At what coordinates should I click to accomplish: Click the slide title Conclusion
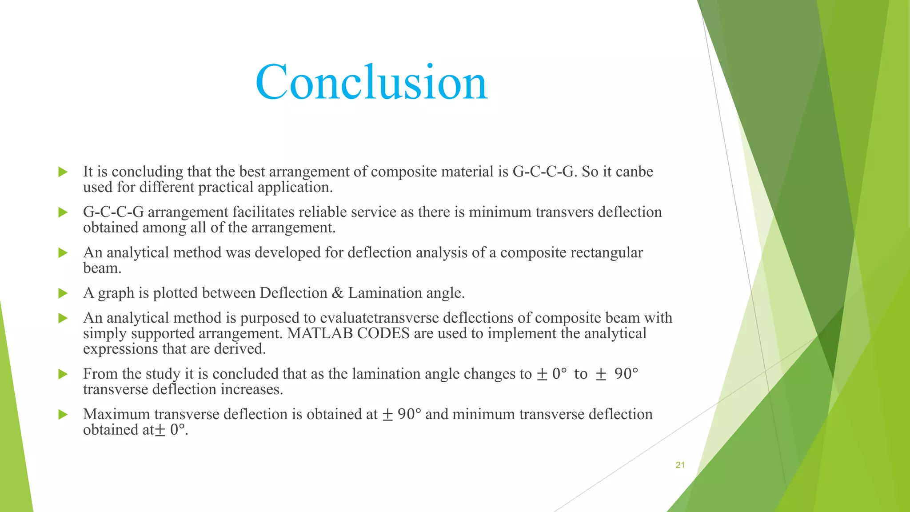371,82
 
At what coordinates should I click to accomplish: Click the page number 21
680,465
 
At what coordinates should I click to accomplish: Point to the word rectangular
607,252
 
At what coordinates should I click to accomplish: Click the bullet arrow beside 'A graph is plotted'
63,293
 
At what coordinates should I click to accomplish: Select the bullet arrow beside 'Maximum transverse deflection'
63,415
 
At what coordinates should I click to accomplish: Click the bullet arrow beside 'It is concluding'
63,172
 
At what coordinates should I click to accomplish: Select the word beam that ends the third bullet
101,268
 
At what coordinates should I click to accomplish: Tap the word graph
116,293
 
